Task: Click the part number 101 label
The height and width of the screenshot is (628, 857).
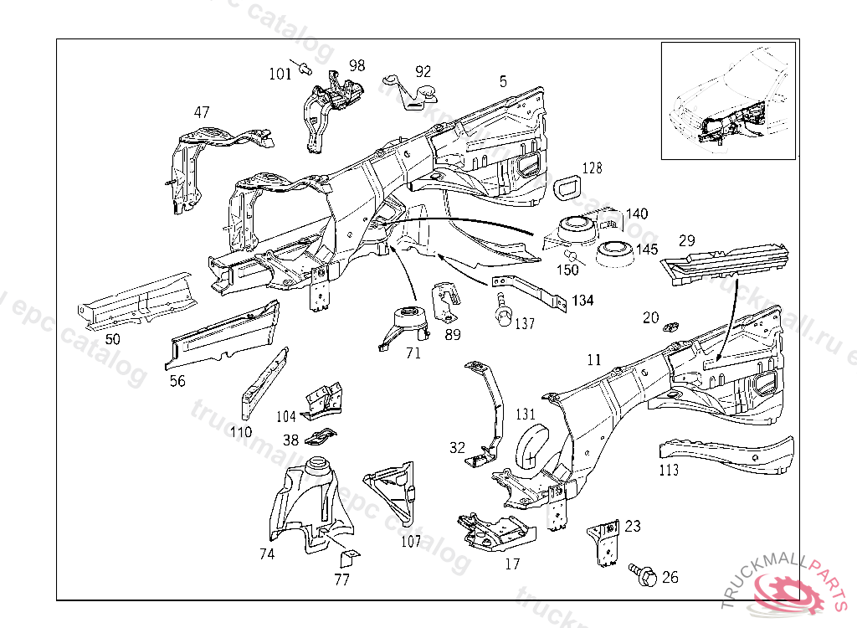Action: click(x=280, y=74)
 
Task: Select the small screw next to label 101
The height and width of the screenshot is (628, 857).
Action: click(x=305, y=66)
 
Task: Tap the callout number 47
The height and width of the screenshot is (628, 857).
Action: click(x=202, y=112)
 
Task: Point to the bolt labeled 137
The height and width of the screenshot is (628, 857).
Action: click(x=503, y=311)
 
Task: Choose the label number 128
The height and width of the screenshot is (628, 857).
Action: click(x=592, y=168)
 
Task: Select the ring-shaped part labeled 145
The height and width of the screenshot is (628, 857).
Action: click(x=616, y=251)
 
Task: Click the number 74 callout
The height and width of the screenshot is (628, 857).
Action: click(x=267, y=553)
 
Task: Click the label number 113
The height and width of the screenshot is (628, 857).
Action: click(x=669, y=470)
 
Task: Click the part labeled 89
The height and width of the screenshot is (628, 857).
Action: click(x=444, y=301)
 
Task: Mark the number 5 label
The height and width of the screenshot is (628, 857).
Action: click(x=503, y=81)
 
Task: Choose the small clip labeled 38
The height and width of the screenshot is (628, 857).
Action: click(x=320, y=436)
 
